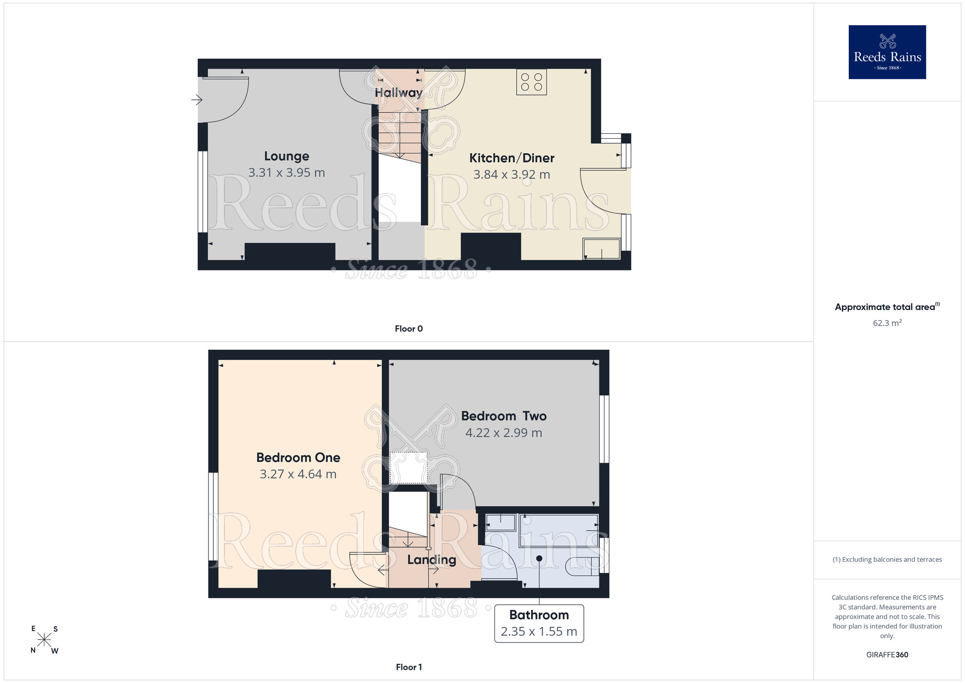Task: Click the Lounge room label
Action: pyautogui.click(x=287, y=156)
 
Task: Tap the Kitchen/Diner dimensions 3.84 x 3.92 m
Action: pyautogui.click(x=511, y=174)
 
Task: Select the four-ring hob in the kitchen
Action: pyautogui.click(x=531, y=82)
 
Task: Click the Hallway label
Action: pyautogui.click(x=399, y=93)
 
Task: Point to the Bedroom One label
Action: pyautogui.click(x=298, y=457)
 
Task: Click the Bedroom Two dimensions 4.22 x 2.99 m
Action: pyautogui.click(x=504, y=433)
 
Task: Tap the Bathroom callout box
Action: pyautogui.click(x=539, y=623)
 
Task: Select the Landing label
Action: pyautogui.click(x=431, y=560)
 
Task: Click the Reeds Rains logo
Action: pyautogui.click(x=887, y=52)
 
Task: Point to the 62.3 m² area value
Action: pyautogui.click(x=887, y=323)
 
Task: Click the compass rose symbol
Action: pyautogui.click(x=44, y=640)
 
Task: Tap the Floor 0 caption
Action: pyautogui.click(x=409, y=328)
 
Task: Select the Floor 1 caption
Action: pyautogui.click(x=409, y=667)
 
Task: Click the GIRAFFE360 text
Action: pyautogui.click(x=887, y=655)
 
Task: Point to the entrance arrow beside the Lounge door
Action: pyautogui.click(x=196, y=100)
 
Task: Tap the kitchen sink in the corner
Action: pyautogui.click(x=602, y=249)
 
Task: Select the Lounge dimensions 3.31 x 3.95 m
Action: pyautogui.click(x=287, y=172)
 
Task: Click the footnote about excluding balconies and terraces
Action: pyautogui.click(x=887, y=559)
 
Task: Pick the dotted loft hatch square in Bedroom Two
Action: pyautogui.click(x=409, y=468)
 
